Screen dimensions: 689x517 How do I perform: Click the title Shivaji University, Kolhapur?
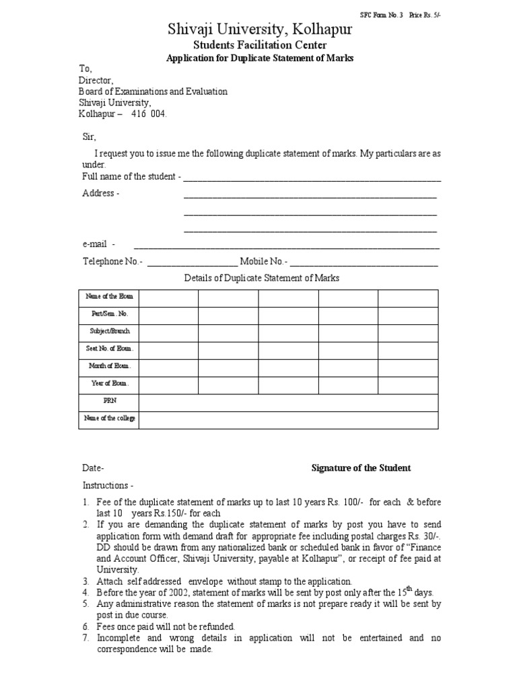click(260, 29)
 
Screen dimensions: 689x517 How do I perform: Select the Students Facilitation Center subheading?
click(260, 45)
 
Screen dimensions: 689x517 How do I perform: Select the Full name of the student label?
click(131, 176)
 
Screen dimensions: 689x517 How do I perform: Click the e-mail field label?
click(99, 244)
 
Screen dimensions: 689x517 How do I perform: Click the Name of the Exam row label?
click(109, 297)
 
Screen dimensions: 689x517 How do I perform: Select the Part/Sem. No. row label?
click(109, 314)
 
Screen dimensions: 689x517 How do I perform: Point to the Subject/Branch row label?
click(109, 332)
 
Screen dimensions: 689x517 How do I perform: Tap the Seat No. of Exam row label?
click(109, 349)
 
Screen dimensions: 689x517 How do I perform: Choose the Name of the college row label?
click(109, 419)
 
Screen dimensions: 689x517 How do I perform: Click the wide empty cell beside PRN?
click(288, 402)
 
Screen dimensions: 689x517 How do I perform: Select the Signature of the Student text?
click(361, 468)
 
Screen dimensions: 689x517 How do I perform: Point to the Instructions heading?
click(108, 485)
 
